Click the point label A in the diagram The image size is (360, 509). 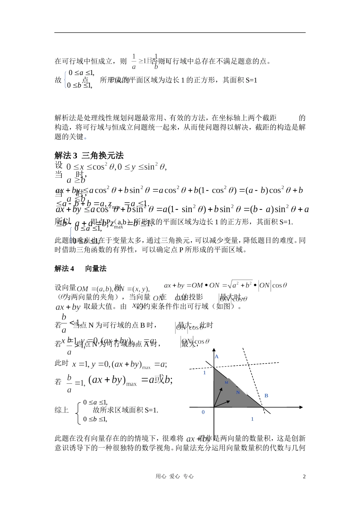pyautogui.click(x=217, y=357)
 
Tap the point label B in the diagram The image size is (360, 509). pyautogui.click(x=266, y=396)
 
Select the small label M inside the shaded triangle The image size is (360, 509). pyautogui.click(x=226, y=383)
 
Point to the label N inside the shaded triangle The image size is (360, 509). pyautogui.click(x=238, y=392)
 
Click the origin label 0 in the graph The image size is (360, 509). pyautogui.click(x=203, y=412)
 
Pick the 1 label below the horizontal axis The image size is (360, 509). pyautogui.click(x=252, y=419)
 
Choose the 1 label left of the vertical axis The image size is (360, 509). pyautogui.click(x=205, y=373)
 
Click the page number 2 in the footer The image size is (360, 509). pyautogui.click(x=304, y=477)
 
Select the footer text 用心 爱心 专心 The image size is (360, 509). pyautogui.click(x=174, y=477)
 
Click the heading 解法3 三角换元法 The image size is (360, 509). pyautogui.click(x=89, y=155)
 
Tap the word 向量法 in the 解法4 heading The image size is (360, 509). pyautogui.click(x=95, y=269)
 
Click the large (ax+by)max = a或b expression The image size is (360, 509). pyautogui.click(x=131, y=380)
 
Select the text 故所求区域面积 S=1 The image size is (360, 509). pyautogui.click(x=125, y=410)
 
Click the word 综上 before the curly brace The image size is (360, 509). pyautogui.click(x=62, y=410)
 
